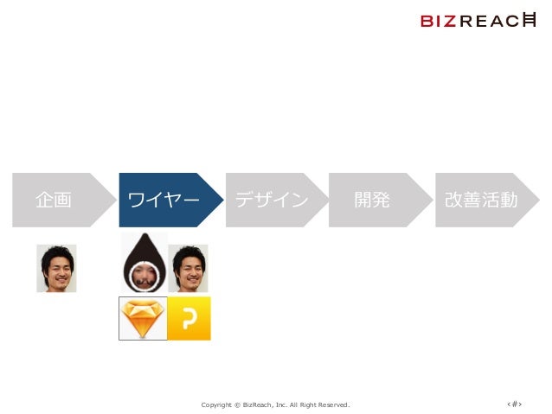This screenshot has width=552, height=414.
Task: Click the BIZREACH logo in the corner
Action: [478, 21]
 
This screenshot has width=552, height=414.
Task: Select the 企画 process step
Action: [54, 200]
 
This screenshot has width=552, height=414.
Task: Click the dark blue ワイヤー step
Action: [164, 200]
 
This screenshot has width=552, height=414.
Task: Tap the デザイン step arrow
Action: [271, 200]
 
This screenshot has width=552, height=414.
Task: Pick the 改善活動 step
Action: [481, 200]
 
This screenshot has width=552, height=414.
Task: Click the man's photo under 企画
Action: [56, 268]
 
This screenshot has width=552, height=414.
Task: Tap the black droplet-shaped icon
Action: [143, 264]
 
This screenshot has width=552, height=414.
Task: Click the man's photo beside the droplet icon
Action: [188, 268]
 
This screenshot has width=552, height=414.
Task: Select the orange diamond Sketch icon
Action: [142, 318]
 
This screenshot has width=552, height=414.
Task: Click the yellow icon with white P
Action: [189, 318]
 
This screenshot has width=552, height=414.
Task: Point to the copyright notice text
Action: [275, 404]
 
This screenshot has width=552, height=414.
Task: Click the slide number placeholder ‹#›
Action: [515, 403]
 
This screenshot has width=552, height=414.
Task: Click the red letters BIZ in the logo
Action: [439, 22]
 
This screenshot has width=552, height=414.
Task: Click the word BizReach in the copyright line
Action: [259, 404]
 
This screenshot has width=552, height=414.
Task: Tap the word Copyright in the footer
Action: [215, 404]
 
